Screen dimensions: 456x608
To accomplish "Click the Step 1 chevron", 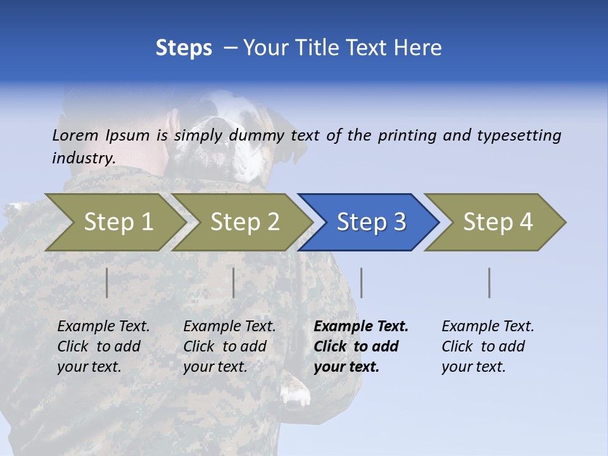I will coord(114,222).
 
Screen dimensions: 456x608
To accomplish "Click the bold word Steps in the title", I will coord(184,48).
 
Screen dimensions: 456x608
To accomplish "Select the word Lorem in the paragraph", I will coord(75,136).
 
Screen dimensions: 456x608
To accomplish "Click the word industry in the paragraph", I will coord(83,158).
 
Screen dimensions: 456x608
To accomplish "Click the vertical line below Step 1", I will coord(107,282).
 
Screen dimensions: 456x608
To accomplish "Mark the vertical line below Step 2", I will coord(234,282).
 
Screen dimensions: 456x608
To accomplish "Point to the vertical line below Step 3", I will coord(362,282).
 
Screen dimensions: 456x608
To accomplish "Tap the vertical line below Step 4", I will coord(490,282).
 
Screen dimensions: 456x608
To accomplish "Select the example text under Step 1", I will coord(103,346).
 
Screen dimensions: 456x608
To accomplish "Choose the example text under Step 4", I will coord(487,346).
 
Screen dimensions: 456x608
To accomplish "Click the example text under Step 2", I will coord(229,346).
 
